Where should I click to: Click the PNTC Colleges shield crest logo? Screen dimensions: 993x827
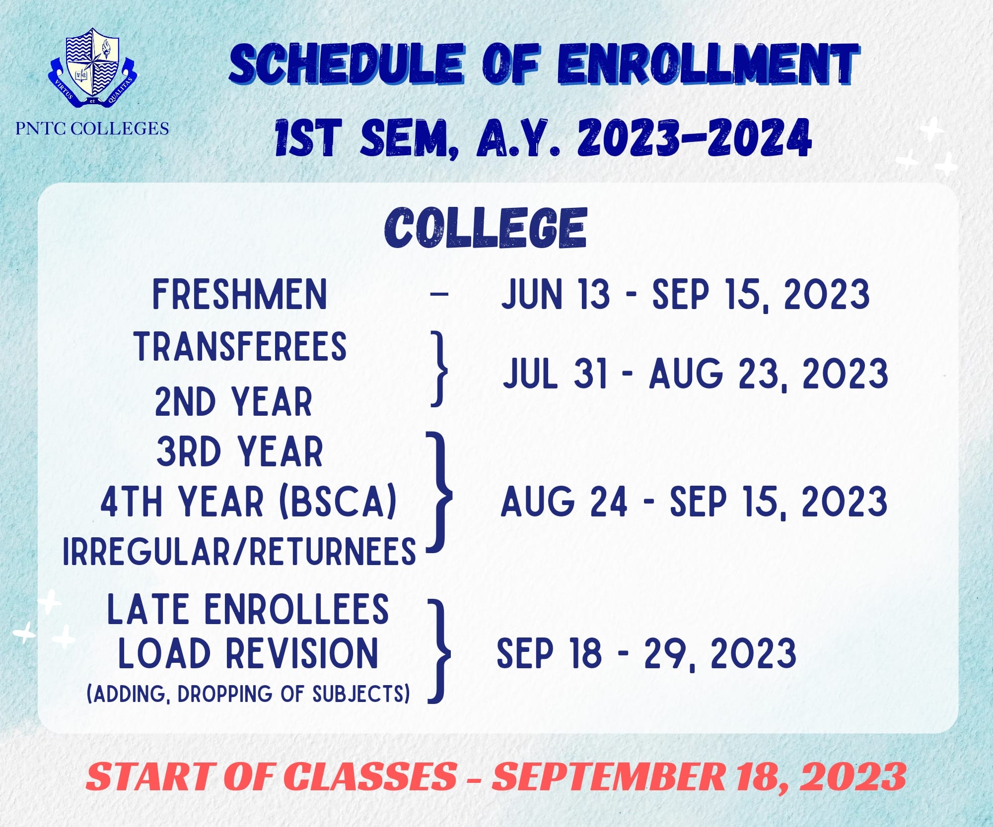tap(93, 67)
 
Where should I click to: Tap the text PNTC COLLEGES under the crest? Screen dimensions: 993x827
tap(92, 128)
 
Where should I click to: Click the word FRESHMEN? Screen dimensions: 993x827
tap(239, 294)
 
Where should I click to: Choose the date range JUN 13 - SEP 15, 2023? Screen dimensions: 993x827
tap(685, 295)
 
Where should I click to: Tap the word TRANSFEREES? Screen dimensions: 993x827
tap(240, 346)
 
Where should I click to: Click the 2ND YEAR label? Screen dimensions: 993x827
tap(233, 401)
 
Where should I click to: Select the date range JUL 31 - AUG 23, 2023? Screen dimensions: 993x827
tap(695, 374)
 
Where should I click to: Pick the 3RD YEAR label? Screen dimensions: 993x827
tap(240, 451)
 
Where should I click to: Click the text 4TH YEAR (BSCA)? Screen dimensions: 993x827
tap(249, 502)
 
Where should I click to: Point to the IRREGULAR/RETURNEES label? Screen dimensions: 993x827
tap(239, 551)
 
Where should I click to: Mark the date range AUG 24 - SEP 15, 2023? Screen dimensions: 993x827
tap(694, 502)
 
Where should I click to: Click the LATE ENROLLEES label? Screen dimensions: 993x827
tap(248, 609)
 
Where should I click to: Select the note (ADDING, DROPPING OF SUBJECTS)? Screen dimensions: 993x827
tap(248, 694)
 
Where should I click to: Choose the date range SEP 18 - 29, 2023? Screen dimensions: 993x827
tap(646, 653)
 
